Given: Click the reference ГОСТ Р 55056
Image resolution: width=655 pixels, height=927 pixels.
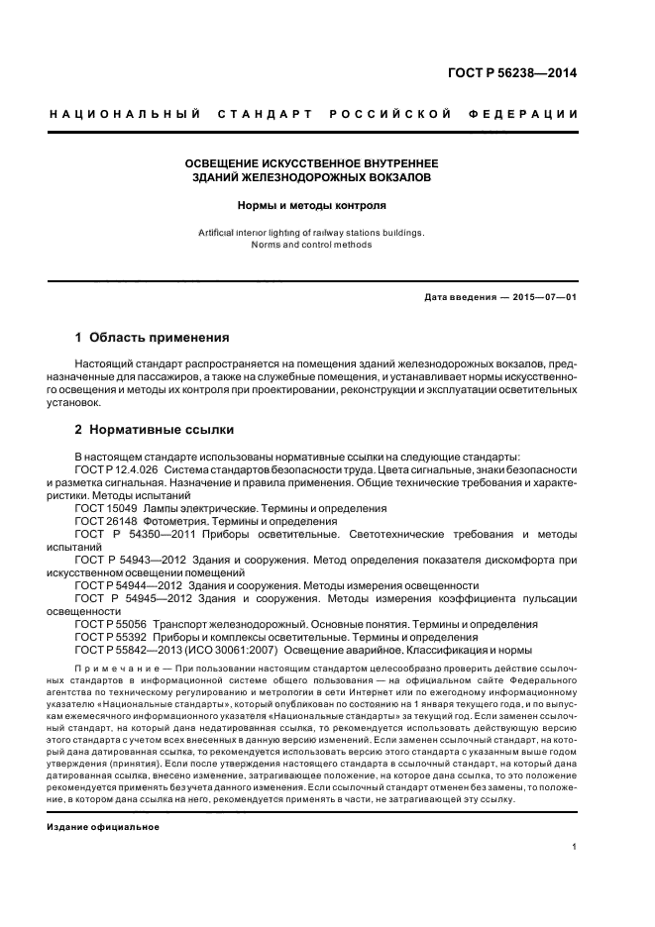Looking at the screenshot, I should pos(108,624).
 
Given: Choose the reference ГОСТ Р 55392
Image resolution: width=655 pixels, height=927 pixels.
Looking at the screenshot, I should pos(108,637).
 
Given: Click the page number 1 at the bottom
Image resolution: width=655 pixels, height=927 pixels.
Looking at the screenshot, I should pos(575,847).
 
